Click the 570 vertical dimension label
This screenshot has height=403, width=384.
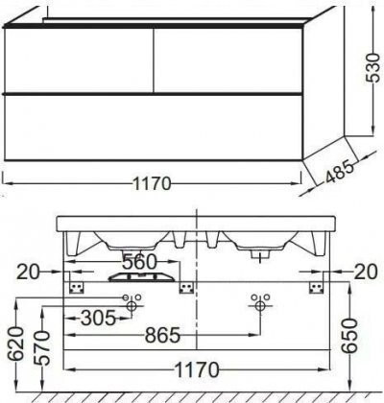38,345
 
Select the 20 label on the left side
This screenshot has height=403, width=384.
29,273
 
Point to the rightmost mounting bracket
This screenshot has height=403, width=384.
314,287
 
